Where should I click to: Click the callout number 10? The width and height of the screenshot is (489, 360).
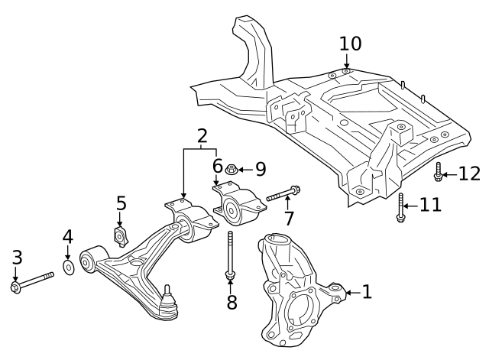point(350,43)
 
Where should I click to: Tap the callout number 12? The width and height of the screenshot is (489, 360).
point(469,174)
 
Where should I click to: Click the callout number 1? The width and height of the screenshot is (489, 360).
point(367,291)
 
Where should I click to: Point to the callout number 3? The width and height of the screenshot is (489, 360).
point(17,258)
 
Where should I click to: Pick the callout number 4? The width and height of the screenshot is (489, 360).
point(67,236)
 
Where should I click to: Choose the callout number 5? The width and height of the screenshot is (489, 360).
point(121,203)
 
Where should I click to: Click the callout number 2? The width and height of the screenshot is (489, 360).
point(202,137)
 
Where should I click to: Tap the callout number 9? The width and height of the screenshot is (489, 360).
point(260,167)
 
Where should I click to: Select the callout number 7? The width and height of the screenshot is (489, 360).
point(289,218)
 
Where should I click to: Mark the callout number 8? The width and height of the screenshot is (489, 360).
point(232,302)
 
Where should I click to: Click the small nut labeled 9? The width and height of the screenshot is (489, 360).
point(236,167)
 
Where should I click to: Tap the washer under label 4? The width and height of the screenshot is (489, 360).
point(68,267)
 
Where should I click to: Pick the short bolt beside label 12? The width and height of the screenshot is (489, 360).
point(439,172)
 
